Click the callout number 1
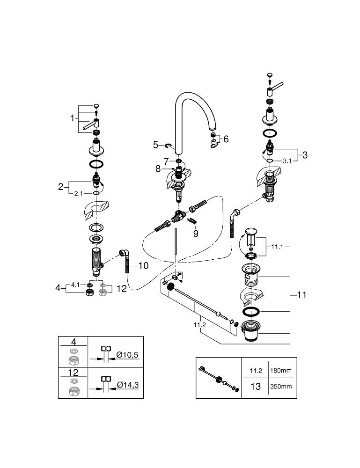pyautogui.click(x=73, y=118)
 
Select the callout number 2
pyautogui.click(x=60, y=187)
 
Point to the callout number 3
pyautogui.click(x=305, y=154)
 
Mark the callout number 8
pyautogui.click(x=158, y=168)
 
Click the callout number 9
pyautogui.click(x=196, y=234)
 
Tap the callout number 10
pyautogui.click(x=143, y=266)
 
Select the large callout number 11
pyautogui.click(x=302, y=295)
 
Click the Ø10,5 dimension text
pyautogui.click(x=127, y=355)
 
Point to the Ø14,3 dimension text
pyautogui.click(x=127, y=385)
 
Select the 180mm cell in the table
pyautogui.click(x=281, y=370)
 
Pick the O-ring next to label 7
pyautogui.click(x=179, y=161)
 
